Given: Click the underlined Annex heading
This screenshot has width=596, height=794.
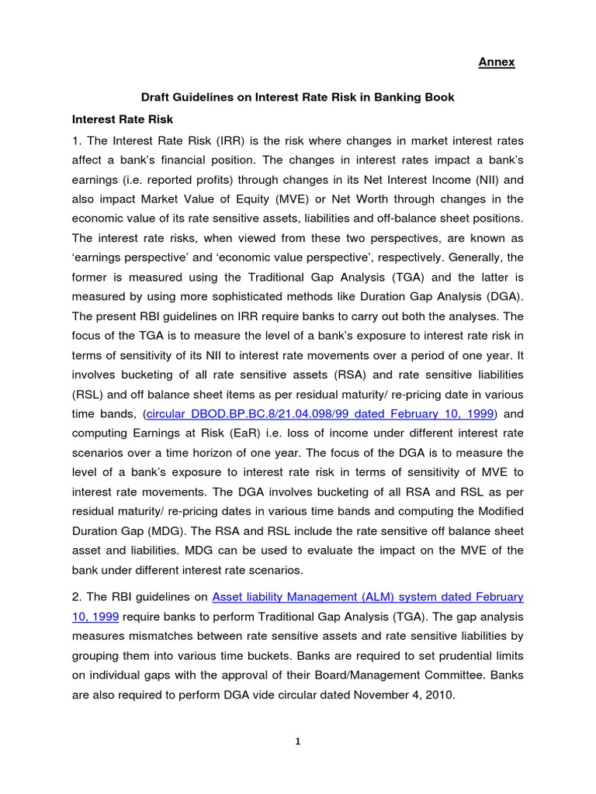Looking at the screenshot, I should click(496, 62).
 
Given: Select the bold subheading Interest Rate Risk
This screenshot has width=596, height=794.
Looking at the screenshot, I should click(123, 119).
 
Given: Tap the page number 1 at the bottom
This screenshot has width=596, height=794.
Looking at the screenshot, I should click(297, 741).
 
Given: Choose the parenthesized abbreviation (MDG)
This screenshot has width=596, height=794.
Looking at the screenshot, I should click(165, 510).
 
